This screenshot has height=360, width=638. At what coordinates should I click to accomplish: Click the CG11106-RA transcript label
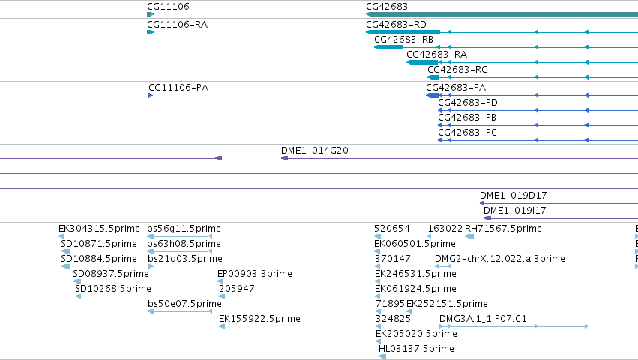click(178, 25)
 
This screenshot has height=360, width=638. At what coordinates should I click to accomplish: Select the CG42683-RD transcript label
click(397, 25)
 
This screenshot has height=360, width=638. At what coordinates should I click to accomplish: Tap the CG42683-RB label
click(403, 40)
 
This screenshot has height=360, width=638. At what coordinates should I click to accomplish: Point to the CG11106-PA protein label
click(178, 88)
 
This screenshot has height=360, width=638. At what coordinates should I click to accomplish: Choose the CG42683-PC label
click(468, 132)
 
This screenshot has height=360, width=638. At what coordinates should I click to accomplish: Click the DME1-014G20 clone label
click(315, 150)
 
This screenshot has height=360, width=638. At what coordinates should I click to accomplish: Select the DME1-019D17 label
click(513, 196)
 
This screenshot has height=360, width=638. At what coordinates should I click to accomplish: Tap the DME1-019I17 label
click(515, 211)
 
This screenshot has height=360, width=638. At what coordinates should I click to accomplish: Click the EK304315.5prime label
click(99, 229)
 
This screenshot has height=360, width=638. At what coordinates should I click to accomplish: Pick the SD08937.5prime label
click(111, 273)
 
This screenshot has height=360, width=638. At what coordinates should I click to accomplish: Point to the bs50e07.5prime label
click(184, 304)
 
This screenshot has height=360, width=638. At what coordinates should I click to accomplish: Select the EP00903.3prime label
click(255, 273)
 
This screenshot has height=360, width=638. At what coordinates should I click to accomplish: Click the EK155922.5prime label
click(259, 319)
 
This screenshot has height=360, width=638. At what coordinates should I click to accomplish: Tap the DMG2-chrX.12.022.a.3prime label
click(499, 259)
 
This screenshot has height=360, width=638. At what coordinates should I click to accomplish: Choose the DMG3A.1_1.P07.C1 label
click(483, 319)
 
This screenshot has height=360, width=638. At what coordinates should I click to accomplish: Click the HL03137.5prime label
click(416, 349)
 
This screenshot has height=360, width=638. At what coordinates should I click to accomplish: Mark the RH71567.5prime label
click(503, 229)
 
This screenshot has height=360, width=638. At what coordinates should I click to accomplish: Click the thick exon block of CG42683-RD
click(403, 32)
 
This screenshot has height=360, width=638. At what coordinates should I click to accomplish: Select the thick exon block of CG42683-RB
click(388, 47)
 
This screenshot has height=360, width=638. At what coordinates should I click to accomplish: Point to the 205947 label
click(237, 288)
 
